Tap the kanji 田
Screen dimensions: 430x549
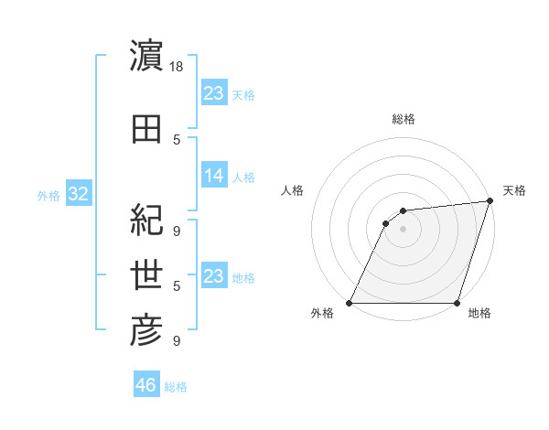click(x=146, y=128)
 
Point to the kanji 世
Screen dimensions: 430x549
click(x=146, y=274)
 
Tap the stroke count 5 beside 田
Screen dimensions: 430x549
click(x=178, y=140)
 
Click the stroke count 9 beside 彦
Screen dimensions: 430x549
click(x=178, y=341)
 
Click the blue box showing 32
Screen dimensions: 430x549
click(x=78, y=194)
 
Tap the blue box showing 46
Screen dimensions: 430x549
click(x=146, y=385)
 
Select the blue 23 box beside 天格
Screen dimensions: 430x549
click(x=214, y=92)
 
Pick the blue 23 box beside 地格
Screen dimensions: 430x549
click(x=214, y=276)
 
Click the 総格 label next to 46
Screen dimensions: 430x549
click(x=176, y=387)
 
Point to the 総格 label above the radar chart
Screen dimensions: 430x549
click(x=403, y=119)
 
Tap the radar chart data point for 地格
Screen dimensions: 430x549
click(x=457, y=303)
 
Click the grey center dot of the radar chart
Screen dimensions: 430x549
click(x=403, y=229)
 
